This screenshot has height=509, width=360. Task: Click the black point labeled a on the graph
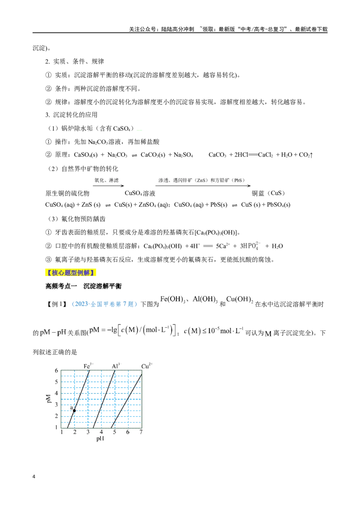click(x=74, y=411)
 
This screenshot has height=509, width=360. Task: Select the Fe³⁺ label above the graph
click(x=88, y=366)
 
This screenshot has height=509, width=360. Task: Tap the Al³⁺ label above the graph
click(x=116, y=366)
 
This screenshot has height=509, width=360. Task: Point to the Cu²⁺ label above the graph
click(x=147, y=366)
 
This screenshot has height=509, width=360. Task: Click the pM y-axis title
click(x=49, y=399)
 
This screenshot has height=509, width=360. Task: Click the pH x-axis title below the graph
click(x=100, y=438)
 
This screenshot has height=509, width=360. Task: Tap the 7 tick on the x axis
click(x=141, y=432)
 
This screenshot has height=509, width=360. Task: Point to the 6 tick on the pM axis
click(x=56, y=371)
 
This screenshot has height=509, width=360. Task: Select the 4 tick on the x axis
click(x=101, y=432)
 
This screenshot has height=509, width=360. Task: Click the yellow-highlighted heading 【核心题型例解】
click(x=71, y=272)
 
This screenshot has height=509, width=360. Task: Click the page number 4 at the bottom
click(x=34, y=477)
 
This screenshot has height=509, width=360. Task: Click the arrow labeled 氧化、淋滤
click(x=108, y=186)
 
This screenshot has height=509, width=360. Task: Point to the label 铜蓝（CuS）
click(x=268, y=193)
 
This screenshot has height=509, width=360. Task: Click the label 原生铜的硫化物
click(x=67, y=193)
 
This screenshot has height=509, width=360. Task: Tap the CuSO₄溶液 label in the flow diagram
click(x=140, y=193)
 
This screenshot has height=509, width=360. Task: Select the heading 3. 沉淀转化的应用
click(x=71, y=115)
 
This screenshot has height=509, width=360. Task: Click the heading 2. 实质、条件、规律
click(x=74, y=61)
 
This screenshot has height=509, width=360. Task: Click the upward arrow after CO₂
click(x=311, y=155)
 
